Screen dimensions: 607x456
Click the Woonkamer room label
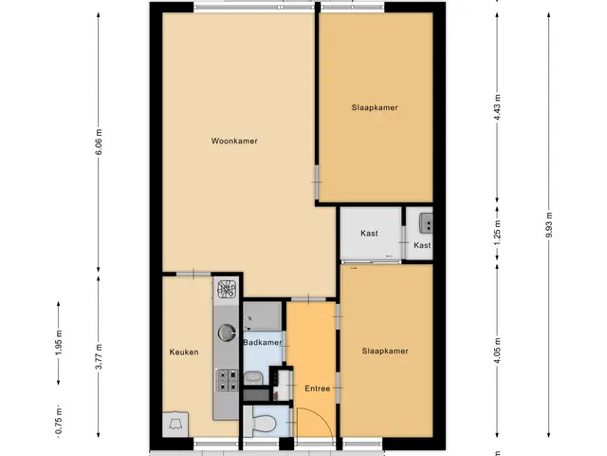pyautogui.click(x=234, y=142)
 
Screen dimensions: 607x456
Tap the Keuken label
pyautogui.click(x=184, y=352)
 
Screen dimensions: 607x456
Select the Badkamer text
pyautogui.click(x=263, y=342)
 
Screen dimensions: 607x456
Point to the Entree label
pyautogui.click(x=318, y=389)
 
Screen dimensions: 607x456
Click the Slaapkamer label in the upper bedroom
pyautogui.click(x=375, y=107)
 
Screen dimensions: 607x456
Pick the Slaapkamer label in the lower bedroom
pyautogui.click(x=385, y=351)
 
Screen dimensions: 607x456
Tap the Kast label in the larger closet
pyautogui.click(x=369, y=233)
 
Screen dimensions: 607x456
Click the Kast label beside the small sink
pyautogui.click(x=422, y=245)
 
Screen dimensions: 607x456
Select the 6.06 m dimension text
pyautogui.click(x=99, y=142)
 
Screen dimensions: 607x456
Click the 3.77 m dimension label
pyautogui.click(x=99, y=357)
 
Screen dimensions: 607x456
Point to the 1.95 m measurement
pyautogui.click(x=59, y=343)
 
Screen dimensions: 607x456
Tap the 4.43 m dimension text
pyautogui.click(x=498, y=107)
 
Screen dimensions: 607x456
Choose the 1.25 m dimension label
pyautogui.click(x=498, y=232)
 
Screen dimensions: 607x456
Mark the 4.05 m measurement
pyautogui.click(x=498, y=351)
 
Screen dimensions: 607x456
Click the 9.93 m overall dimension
pyautogui.click(x=548, y=225)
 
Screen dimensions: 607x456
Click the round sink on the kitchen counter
pyautogui.click(x=227, y=332)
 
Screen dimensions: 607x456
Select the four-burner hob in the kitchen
pyautogui.click(x=227, y=380)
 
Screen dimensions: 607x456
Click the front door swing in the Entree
pyautogui.click(x=314, y=424)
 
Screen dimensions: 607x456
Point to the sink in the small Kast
pyautogui.click(x=426, y=223)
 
